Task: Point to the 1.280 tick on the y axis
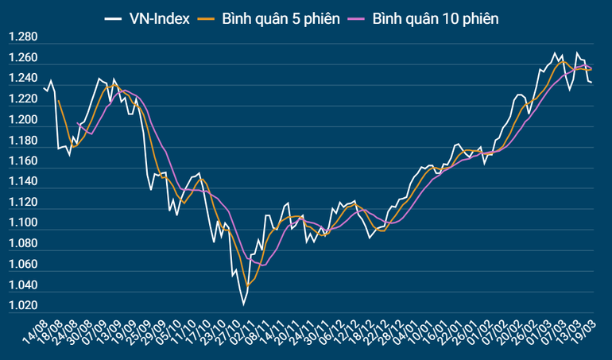(23, 37)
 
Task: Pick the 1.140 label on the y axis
(23, 182)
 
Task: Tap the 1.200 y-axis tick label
(23, 120)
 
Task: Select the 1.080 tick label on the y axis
(23, 244)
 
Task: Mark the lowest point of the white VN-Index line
(243, 304)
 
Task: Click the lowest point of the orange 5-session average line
(247, 285)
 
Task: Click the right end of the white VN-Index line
(591, 82)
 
